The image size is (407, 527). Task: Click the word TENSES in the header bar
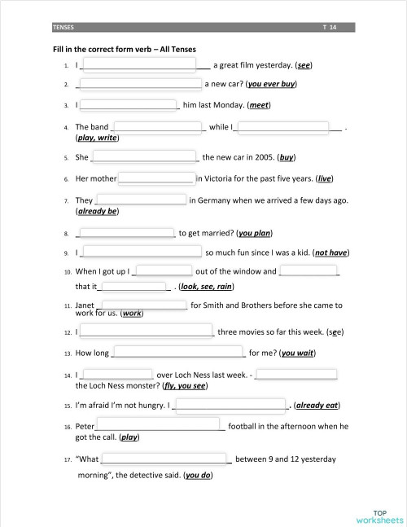[x=63, y=28]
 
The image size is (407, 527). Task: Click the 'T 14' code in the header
[x=329, y=28]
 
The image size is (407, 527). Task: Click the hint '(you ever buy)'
[x=272, y=84]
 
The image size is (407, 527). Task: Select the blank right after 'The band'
[x=159, y=126]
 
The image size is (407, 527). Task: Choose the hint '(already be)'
[x=97, y=211]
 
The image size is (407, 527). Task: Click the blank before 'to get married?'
[x=126, y=233]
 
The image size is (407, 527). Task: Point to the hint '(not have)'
[x=331, y=253]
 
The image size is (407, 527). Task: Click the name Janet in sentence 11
[x=85, y=305]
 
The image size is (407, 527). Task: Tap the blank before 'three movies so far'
[x=147, y=332]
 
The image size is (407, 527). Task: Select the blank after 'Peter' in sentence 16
[x=160, y=425]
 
